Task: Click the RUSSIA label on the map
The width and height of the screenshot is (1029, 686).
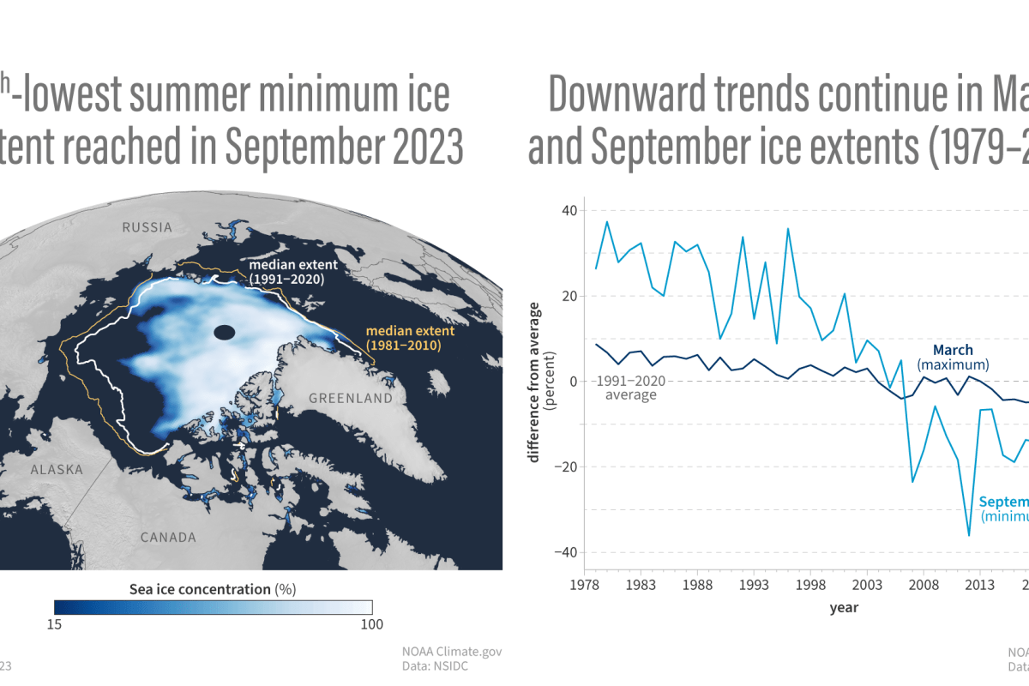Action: click(x=147, y=228)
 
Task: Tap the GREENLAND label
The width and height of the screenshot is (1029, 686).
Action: click(x=350, y=399)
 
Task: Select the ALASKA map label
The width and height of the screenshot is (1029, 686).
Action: click(x=57, y=470)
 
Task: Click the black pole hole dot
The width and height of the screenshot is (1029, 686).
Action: click(x=225, y=333)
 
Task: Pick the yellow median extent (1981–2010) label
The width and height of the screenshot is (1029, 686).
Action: click(x=403, y=338)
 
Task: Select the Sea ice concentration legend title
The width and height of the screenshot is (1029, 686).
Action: click(x=213, y=589)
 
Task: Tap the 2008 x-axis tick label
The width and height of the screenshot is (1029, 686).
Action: click(x=923, y=586)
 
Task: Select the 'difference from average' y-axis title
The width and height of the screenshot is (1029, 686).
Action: click(x=534, y=382)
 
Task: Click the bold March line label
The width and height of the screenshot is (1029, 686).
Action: click(x=952, y=350)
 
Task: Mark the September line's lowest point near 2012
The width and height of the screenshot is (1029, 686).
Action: click(x=969, y=536)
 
